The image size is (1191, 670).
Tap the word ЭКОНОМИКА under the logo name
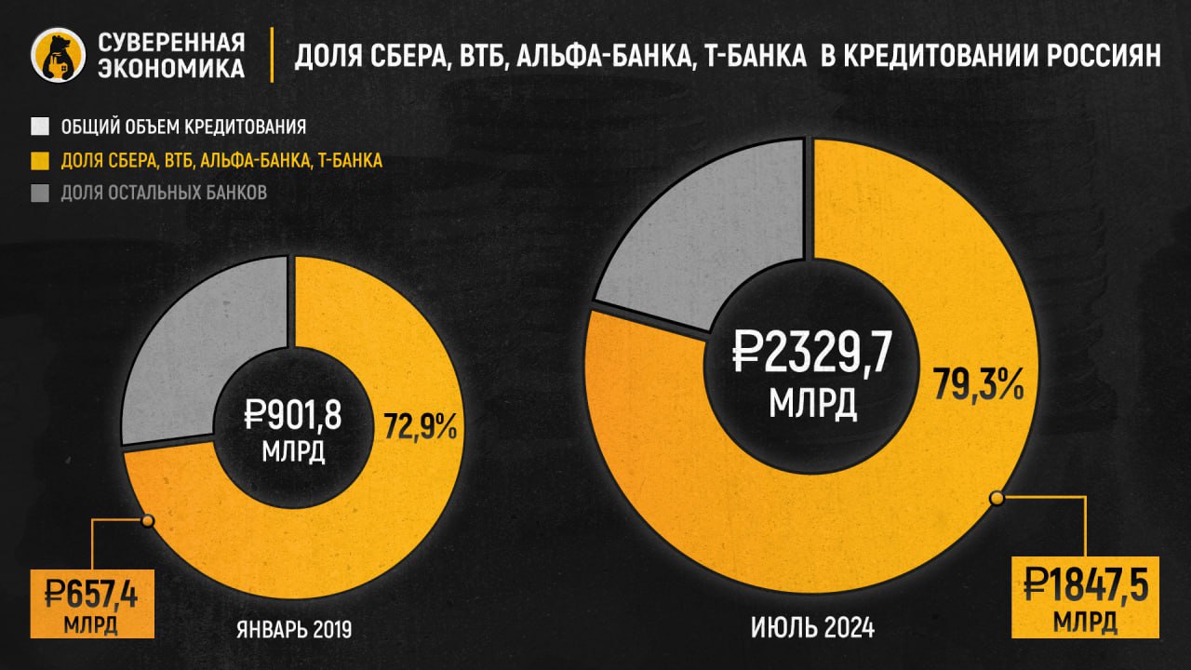172,69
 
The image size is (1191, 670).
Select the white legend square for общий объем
40,126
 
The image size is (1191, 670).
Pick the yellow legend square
40,160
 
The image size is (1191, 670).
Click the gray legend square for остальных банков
40,194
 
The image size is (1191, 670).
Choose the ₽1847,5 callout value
1085,585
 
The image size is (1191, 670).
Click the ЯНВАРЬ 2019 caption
294,629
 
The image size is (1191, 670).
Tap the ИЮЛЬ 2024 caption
812,629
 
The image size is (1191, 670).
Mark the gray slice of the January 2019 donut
200,354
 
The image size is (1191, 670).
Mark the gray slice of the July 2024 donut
707,242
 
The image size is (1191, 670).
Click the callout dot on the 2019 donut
146,521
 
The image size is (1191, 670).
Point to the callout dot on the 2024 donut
997,499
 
